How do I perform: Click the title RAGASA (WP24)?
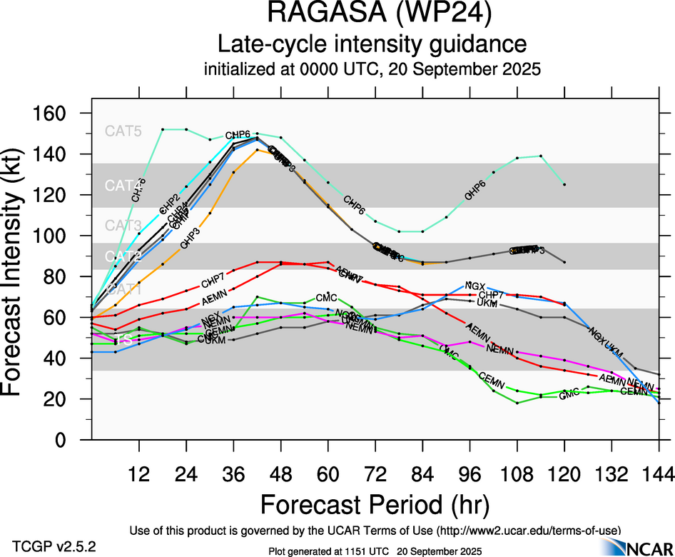pyautogui.click(x=372, y=14)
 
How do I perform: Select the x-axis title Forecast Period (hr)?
pyautogui.click(x=375, y=504)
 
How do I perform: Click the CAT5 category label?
pyautogui.click(x=123, y=131)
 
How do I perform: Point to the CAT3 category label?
pyautogui.click(x=123, y=226)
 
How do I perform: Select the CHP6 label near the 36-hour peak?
pyautogui.click(x=238, y=135)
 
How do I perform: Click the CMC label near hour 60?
pyautogui.click(x=326, y=297)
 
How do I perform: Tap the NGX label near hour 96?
pyautogui.click(x=474, y=286)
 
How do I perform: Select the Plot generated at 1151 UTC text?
pyautogui.click(x=375, y=551)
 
